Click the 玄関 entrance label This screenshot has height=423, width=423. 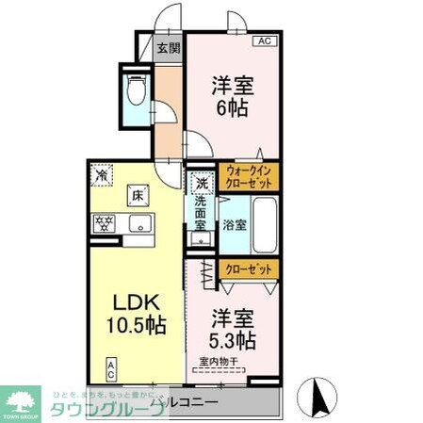pyautogui.click(x=168, y=49)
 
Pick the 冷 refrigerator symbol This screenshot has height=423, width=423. pyautogui.click(x=101, y=173)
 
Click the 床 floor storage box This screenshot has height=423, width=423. pyautogui.click(x=138, y=196)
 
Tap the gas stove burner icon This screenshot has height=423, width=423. pyautogui.click(x=103, y=223)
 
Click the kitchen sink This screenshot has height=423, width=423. pyautogui.click(x=138, y=223)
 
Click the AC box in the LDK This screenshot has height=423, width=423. pyautogui.click(x=111, y=366)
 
